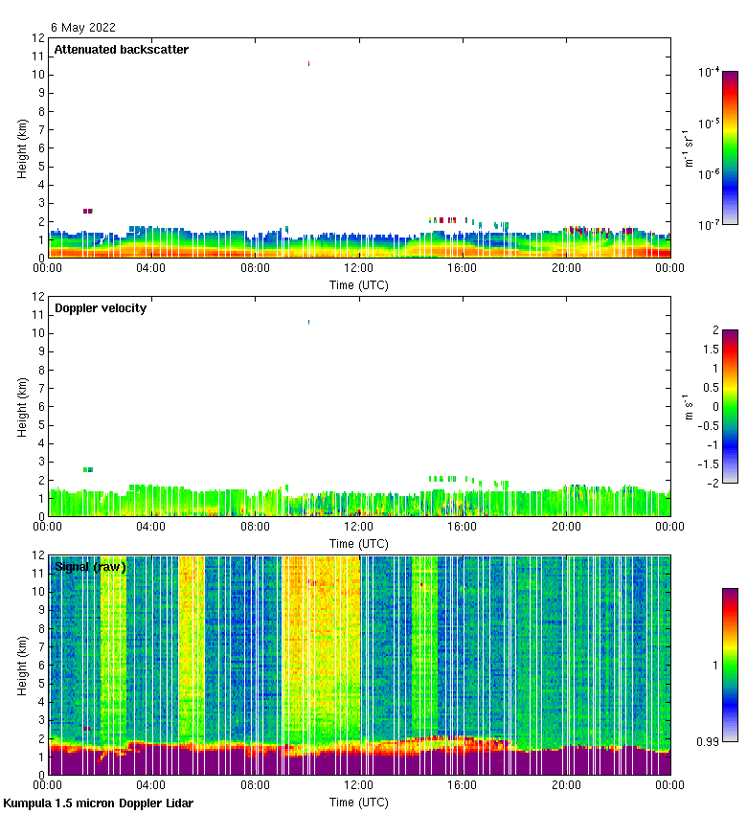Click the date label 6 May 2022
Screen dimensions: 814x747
tap(83, 28)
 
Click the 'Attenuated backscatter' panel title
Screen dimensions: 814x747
tap(121, 50)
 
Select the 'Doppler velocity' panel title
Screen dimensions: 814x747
tap(100, 308)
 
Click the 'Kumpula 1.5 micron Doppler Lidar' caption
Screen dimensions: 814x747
tap(98, 803)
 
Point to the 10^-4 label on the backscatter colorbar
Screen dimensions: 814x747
tap(709, 72)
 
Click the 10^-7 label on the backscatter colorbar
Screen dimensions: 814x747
tap(709, 224)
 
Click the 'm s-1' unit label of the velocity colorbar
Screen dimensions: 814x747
tap(689, 406)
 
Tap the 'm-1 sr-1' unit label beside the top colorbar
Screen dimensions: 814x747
tap(689, 147)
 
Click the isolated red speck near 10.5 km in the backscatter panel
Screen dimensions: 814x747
tap(308, 63)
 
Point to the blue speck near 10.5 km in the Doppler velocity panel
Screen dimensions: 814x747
tap(308, 322)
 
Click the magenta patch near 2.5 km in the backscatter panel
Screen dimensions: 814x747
tap(87, 211)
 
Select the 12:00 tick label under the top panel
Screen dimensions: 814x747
tap(358, 269)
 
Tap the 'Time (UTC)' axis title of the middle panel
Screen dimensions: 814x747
tap(358, 543)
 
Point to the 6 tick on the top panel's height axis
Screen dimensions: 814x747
tap(40, 147)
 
